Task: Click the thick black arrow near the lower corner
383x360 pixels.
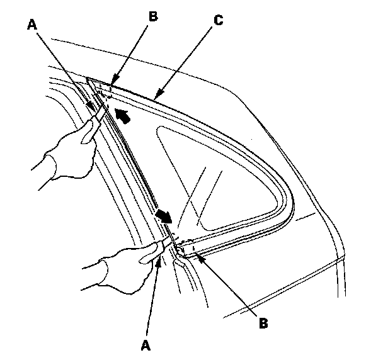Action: (x=164, y=216)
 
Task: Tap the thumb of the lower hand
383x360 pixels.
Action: (x=148, y=252)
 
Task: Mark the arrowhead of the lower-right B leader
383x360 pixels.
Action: (x=196, y=254)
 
